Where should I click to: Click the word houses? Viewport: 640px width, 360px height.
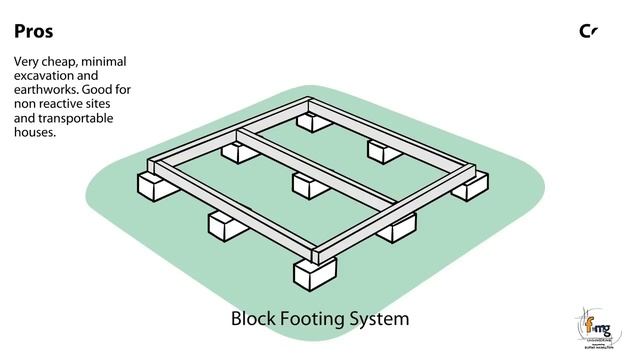click(x=35, y=132)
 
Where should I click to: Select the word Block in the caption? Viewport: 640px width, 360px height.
click(x=254, y=320)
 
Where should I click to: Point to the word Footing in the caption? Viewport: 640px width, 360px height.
click(x=315, y=321)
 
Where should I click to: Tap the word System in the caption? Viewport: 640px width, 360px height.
click(x=381, y=321)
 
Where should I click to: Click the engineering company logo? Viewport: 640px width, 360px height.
click(x=599, y=325)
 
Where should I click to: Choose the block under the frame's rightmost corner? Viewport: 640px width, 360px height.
click(x=469, y=186)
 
